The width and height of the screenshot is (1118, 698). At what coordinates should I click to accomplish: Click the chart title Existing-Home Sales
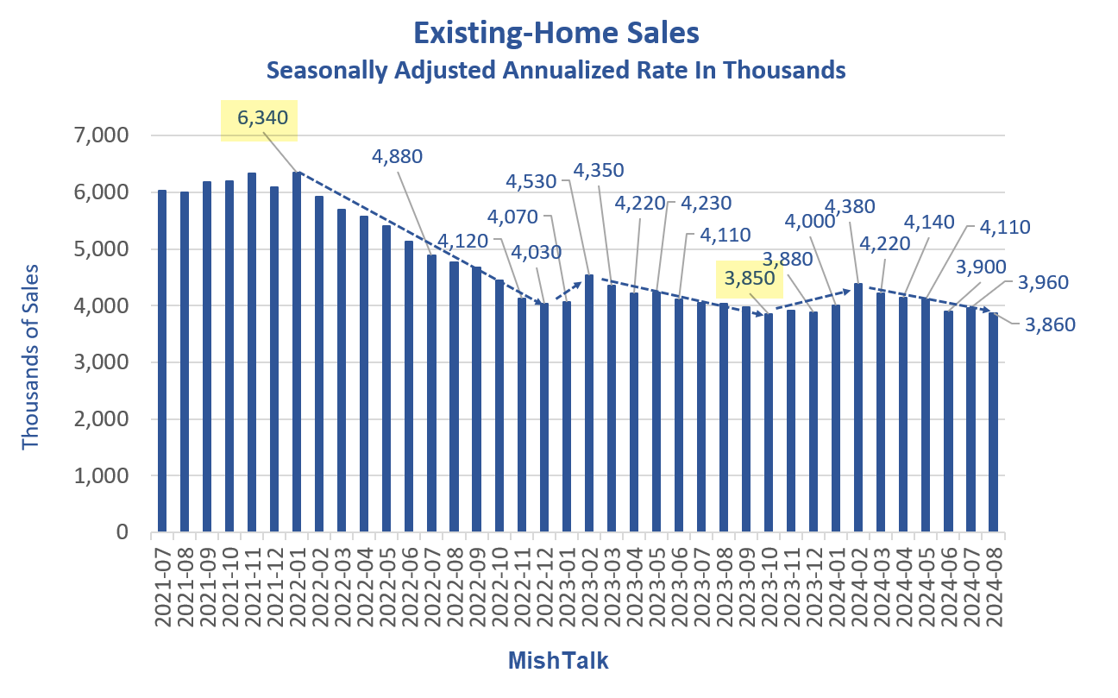click(x=556, y=33)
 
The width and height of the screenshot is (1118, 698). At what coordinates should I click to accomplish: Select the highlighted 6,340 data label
click(x=259, y=119)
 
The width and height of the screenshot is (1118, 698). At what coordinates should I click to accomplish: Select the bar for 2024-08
click(x=993, y=423)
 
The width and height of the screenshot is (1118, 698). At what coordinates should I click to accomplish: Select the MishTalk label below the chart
click(x=557, y=661)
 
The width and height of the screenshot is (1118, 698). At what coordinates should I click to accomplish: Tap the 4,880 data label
click(x=398, y=156)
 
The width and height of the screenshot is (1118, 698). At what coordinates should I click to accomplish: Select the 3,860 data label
click(x=1051, y=324)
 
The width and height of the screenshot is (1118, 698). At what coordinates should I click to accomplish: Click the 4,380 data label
click(x=850, y=205)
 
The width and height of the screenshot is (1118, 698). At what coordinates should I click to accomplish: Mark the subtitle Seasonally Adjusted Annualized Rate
click(x=556, y=70)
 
